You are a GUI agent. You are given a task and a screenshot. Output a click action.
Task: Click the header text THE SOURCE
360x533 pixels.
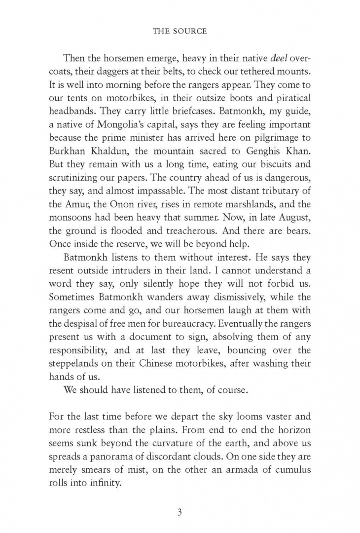pos(180,31)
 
